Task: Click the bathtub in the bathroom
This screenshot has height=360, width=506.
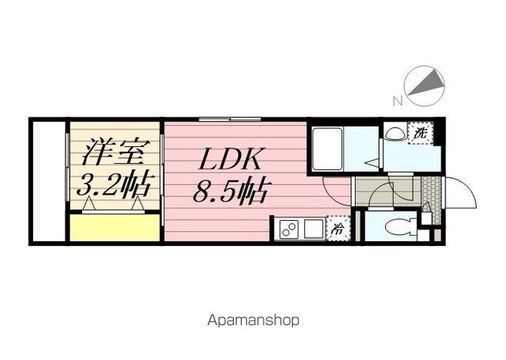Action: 327,149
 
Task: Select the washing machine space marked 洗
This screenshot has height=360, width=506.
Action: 420,133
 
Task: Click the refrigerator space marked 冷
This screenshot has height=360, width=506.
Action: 338,229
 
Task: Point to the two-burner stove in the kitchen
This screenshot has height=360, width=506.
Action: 289,229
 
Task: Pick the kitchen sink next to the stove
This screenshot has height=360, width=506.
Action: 315,229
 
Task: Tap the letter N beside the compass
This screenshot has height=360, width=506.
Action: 398,101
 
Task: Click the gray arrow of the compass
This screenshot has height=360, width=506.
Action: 426,82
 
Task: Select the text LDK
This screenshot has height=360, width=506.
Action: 230,159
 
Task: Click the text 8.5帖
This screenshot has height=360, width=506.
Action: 230,191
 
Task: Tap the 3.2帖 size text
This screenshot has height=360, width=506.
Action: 114,186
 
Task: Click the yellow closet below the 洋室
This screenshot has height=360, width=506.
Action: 115,228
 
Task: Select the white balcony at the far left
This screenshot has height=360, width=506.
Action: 49,181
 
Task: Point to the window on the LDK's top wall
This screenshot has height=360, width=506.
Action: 230,119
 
